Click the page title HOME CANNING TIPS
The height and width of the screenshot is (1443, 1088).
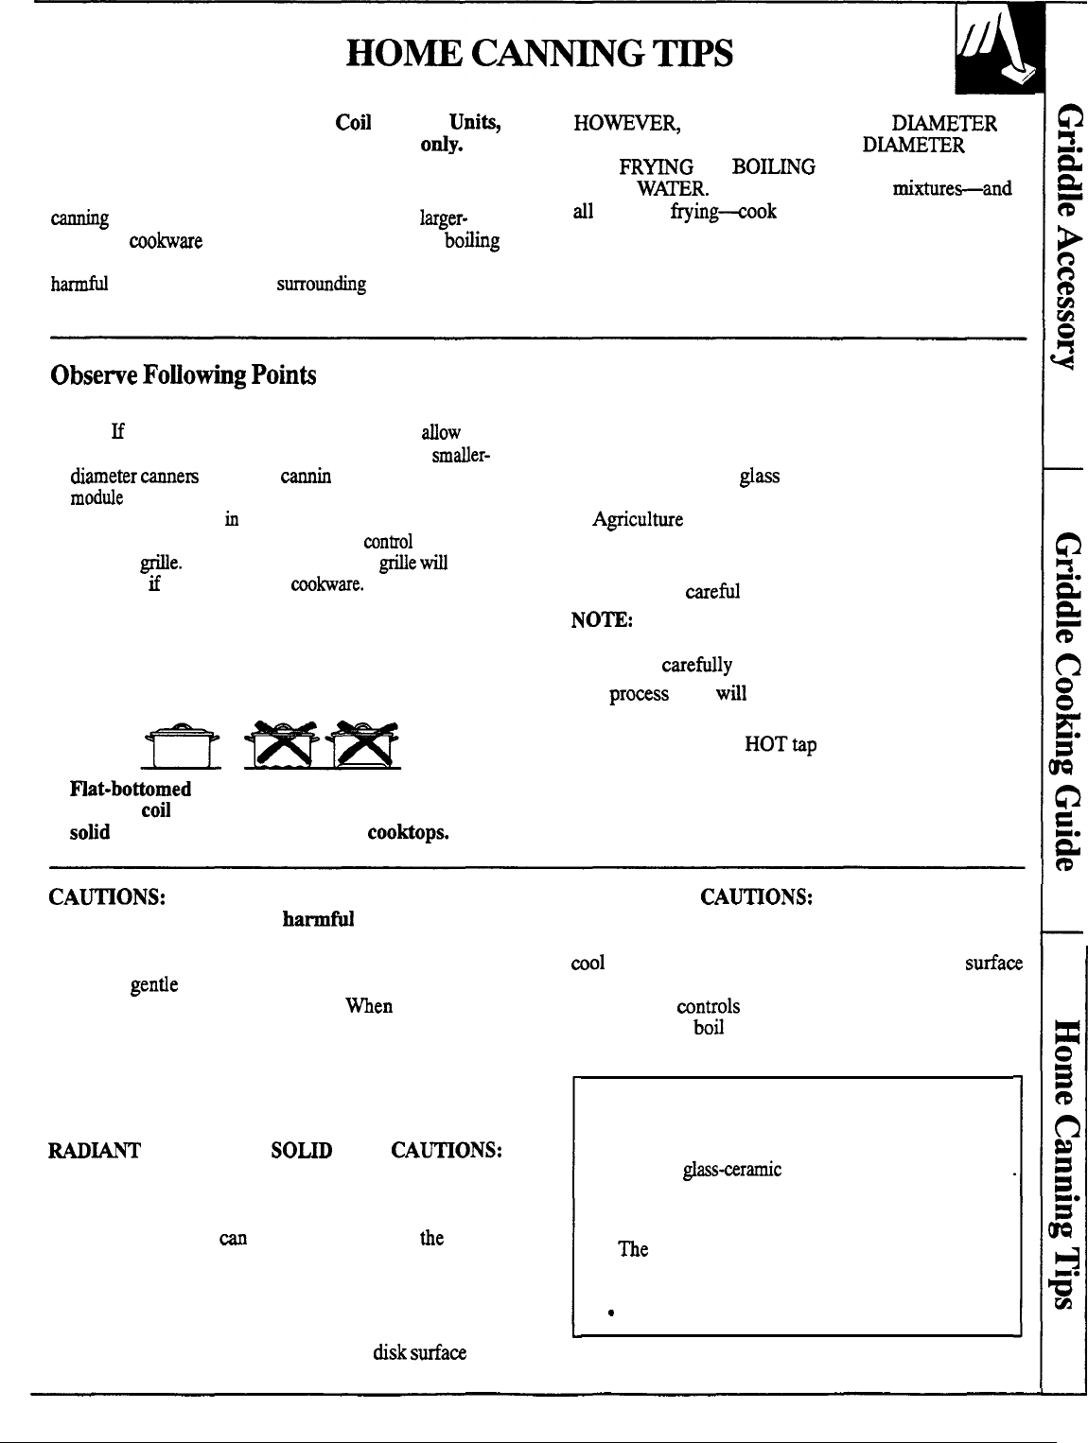click(539, 54)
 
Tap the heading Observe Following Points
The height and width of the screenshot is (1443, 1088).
click(183, 375)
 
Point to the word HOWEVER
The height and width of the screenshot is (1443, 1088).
click(625, 124)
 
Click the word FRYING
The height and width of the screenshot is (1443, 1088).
click(656, 167)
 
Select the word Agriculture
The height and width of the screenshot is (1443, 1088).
click(638, 519)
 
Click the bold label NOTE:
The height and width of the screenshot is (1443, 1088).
click(601, 620)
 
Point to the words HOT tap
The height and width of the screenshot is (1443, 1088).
click(781, 744)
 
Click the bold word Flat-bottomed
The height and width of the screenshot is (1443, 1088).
click(131, 789)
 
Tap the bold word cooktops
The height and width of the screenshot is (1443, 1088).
click(408, 832)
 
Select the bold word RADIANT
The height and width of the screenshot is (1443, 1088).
click(95, 1151)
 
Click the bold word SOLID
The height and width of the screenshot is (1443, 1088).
click(301, 1151)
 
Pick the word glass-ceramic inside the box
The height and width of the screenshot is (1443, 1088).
click(731, 1170)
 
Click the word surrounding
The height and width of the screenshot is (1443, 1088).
click(321, 284)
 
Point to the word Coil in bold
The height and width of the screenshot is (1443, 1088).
click(353, 124)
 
